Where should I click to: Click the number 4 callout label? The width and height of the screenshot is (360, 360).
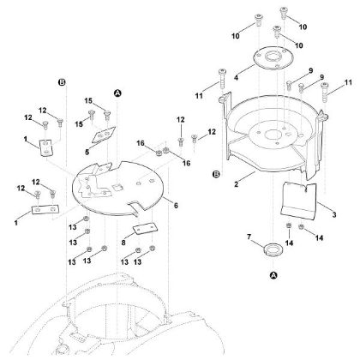(x=236, y=77)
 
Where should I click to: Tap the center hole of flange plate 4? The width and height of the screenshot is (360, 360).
(x=273, y=56)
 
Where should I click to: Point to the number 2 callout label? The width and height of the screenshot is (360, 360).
(x=236, y=184)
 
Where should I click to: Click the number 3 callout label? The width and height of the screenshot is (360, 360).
(x=334, y=214)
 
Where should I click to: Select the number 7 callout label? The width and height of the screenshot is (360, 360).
(x=249, y=237)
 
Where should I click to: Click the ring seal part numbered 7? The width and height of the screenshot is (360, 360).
(x=273, y=249)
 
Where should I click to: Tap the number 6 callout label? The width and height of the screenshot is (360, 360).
(x=176, y=205)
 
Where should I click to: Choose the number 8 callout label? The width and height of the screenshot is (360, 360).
(x=123, y=243)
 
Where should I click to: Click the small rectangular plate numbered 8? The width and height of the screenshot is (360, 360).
(x=145, y=229)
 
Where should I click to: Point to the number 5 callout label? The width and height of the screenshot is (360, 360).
(x=87, y=152)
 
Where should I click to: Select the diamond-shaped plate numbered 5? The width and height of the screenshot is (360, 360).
(x=104, y=135)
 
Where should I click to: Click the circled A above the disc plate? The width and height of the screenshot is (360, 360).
(x=117, y=93)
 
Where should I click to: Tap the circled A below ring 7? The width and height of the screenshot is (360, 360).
(x=273, y=275)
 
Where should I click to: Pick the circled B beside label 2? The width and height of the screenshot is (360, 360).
(x=217, y=174)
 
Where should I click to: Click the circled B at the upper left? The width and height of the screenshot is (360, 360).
(x=62, y=82)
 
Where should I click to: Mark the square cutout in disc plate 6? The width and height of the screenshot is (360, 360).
(x=117, y=187)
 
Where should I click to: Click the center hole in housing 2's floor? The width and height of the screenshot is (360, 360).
(x=273, y=135)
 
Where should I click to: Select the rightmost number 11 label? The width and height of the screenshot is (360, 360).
(x=348, y=82)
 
